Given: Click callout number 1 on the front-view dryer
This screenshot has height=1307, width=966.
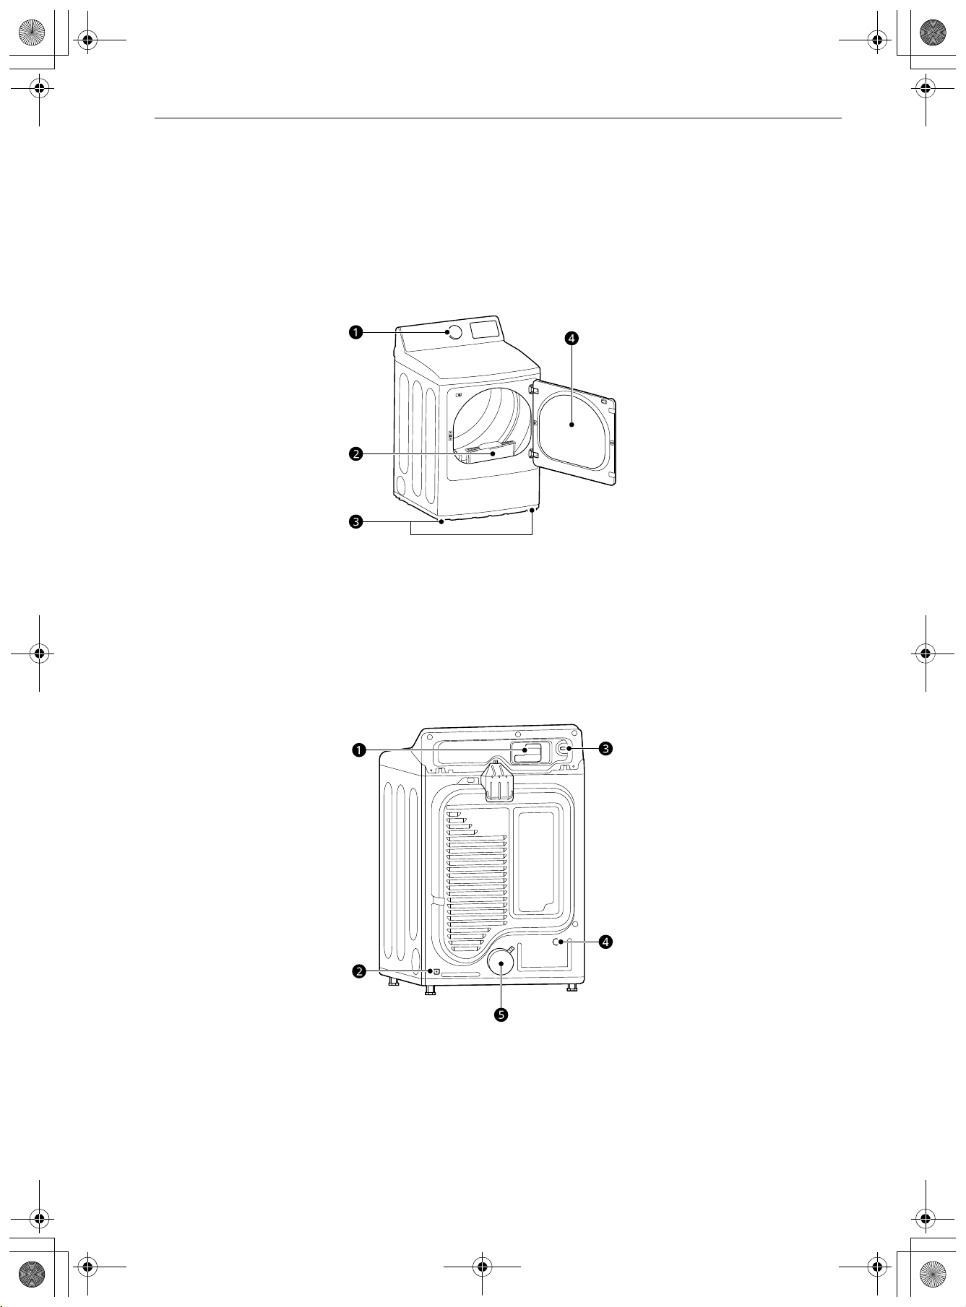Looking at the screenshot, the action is click(x=355, y=332).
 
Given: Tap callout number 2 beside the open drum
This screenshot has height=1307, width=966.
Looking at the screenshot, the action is click(x=355, y=454).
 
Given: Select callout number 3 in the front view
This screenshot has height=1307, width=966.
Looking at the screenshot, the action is click(x=355, y=521).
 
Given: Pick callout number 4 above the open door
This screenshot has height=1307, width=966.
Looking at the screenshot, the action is click(x=572, y=338).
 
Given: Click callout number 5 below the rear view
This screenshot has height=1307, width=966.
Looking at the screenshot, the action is click(x=501, y=1015).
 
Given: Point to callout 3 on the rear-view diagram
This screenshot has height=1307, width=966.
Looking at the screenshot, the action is click(x=606, y=749).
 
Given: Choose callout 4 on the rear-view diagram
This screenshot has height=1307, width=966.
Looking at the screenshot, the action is click(x=606, y=942).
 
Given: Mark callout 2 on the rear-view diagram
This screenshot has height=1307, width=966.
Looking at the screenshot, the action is click(x=358, y=971).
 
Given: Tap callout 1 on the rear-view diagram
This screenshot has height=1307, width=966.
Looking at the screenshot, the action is click(x=358, y=750).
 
